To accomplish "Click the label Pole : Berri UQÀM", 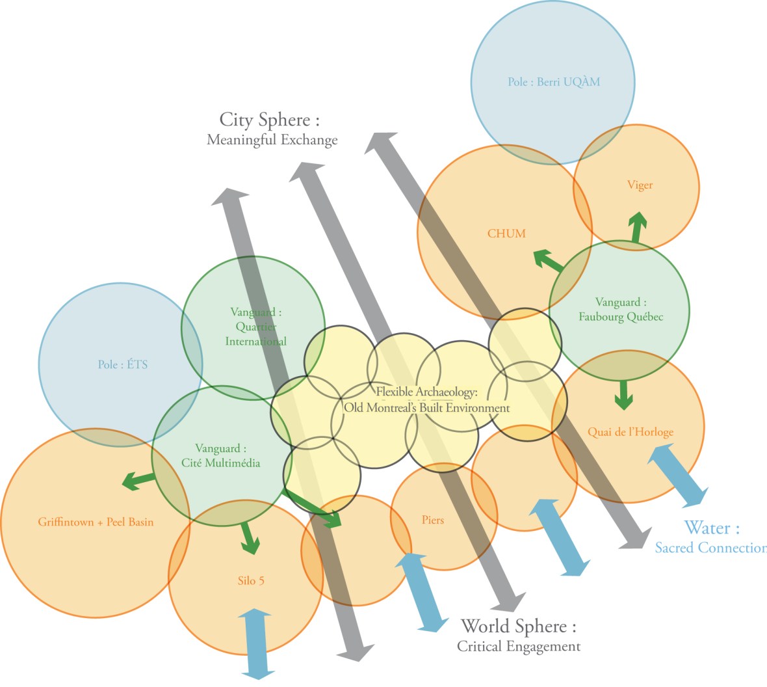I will click(554, 82).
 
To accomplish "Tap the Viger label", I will click(640, 185).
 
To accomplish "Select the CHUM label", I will click(506, 234).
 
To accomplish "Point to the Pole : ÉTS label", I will click(123, 364).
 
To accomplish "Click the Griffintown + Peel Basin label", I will click(96, 522).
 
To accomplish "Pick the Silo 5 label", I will click(251, 580).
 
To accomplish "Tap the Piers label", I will click(433, 520).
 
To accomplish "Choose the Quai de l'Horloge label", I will click(630, 432).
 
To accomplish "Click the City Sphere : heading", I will click(270, 120).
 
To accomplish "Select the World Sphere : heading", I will click(518, 626).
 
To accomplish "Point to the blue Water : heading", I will click(712, 528).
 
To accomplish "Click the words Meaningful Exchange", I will click(272, 140).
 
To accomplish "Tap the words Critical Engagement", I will click(518, 647).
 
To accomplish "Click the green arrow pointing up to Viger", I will click(638, 228).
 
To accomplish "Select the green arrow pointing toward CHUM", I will click(549, 261).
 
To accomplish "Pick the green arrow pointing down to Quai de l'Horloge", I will click(624, 394).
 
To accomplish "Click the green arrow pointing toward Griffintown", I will click(138, 481).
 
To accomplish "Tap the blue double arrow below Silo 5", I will click(257, 644).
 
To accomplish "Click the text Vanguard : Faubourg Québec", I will click(621, 310).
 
